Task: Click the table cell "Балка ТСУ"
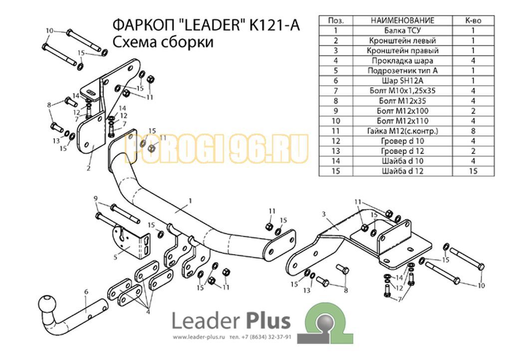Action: click(x=403, y=30)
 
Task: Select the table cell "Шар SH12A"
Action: click(x=403, y=81)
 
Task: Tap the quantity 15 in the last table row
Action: click(x=473, y=171)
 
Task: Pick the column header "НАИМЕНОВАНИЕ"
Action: click(x=403, y=20)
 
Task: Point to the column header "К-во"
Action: click(x=473, y=20)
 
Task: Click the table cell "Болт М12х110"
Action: click(x=403, y=121)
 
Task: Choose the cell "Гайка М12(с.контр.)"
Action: click(x=403, y=131)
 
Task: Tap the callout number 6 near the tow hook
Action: click(x=86, y=292)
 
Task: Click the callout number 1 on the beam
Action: click(x=190, y=201)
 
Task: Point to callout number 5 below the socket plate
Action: click(x=115, y=257)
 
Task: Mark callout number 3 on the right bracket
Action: click(x=323, y=214)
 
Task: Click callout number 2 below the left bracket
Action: click(x=88, y=168)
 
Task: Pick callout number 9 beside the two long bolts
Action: click(x=95, y=198)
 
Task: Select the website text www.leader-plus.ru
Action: click(x=199, y=338)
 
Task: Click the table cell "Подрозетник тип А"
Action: click(x=403, y=71)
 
